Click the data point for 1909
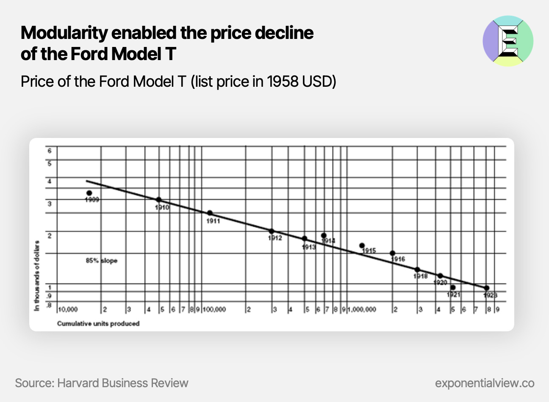click(x=89, y=193)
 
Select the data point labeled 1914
click(x=324, y=235)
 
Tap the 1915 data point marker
click(x=362, y=245)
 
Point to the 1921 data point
click(x=453, y=287)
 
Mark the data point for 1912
click(x=271, y=231)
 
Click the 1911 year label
click(x=213, y=221)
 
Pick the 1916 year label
click(x=398, y=259)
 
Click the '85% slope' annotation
click(x=101, y=261)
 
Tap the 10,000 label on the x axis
click(x=68, y=310)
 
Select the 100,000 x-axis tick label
click(x=214, y=310)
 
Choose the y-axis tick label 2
click(x=50, y=236)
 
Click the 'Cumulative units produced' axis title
click(x=98, y=324)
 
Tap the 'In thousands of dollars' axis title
click(x=37, y=276)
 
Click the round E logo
click(x=508, y=41)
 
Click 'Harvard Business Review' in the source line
click(x=122, y=383)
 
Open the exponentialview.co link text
click(x=485, y=383)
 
